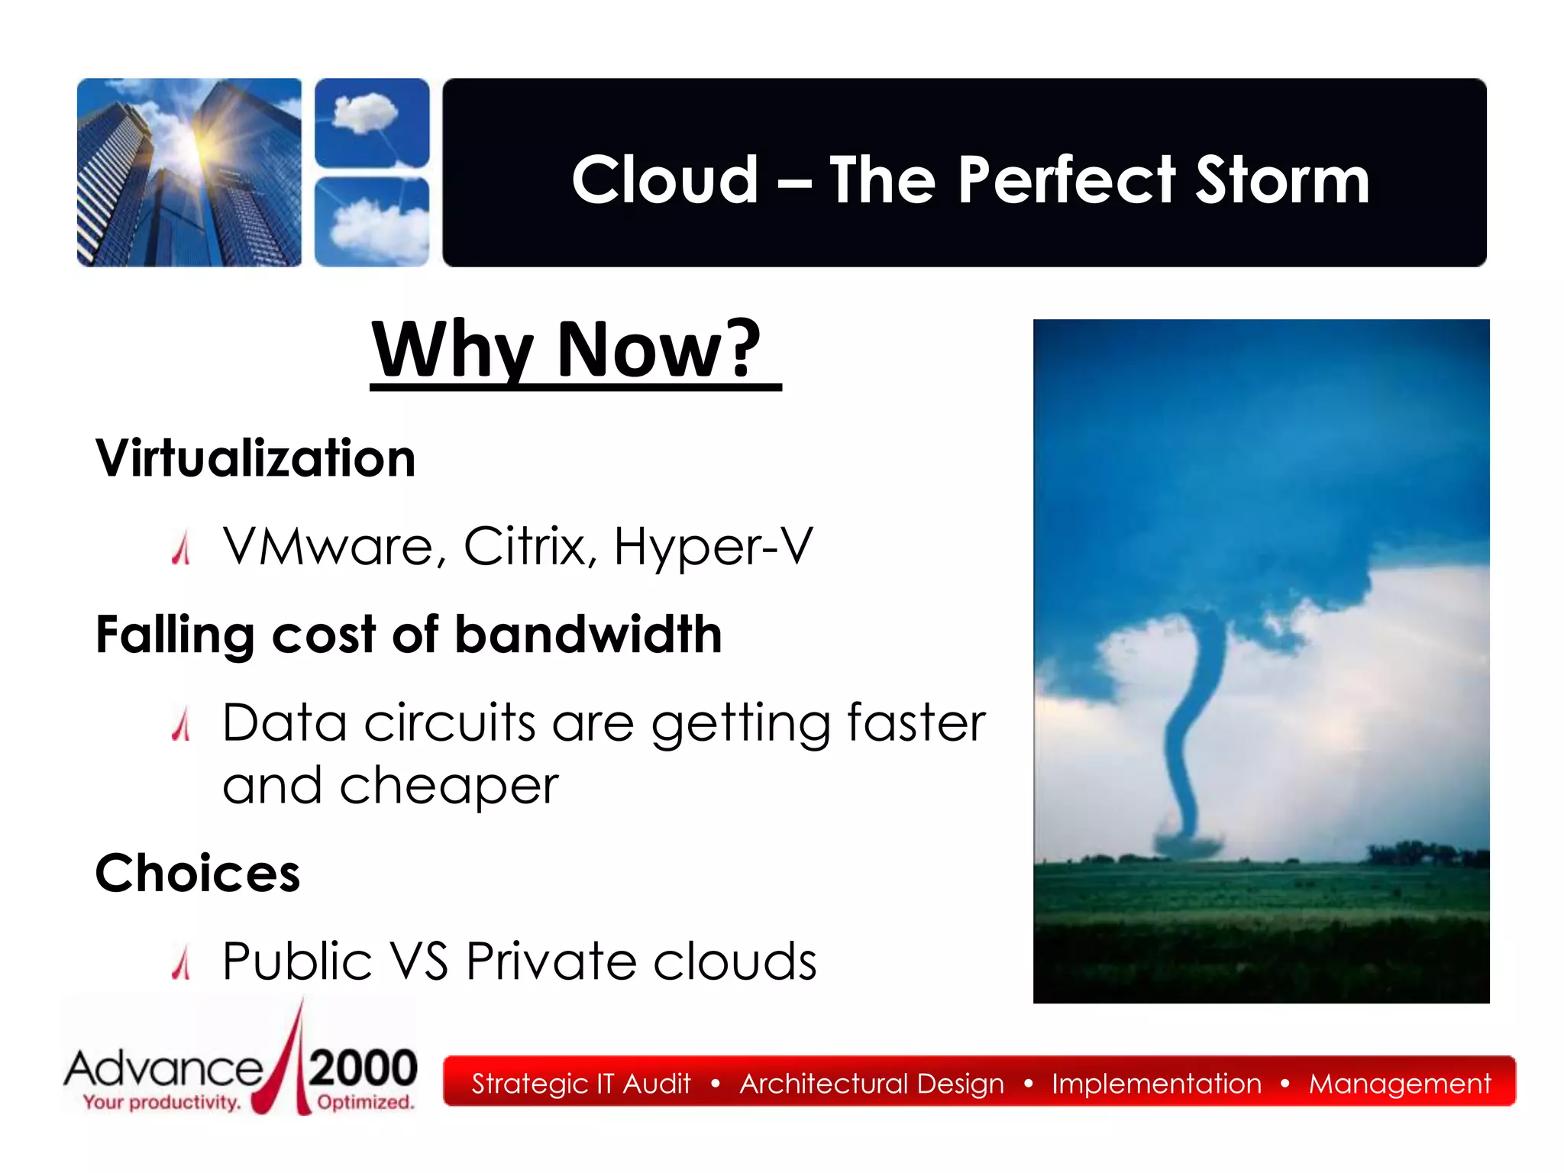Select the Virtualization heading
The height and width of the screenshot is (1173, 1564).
[x=256, y=459]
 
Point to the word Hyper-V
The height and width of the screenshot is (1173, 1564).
[x=713, y=547]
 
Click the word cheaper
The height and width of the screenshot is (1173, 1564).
[x=449, y=787]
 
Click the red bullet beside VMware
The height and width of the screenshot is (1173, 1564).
[x=181, y=549]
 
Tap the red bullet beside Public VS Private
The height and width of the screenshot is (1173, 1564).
[x=181, y=963]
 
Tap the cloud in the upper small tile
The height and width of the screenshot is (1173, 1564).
[x=365, y=113]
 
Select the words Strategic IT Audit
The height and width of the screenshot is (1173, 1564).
[x=580, y=1084]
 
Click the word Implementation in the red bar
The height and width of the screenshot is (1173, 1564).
[x=1156, y=1084]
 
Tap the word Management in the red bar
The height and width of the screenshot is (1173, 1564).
[x=1399, y=1084]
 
